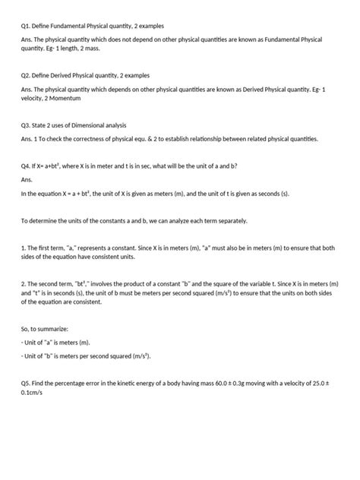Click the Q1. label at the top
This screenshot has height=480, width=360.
[27, 26]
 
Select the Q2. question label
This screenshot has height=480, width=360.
[27, 76]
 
